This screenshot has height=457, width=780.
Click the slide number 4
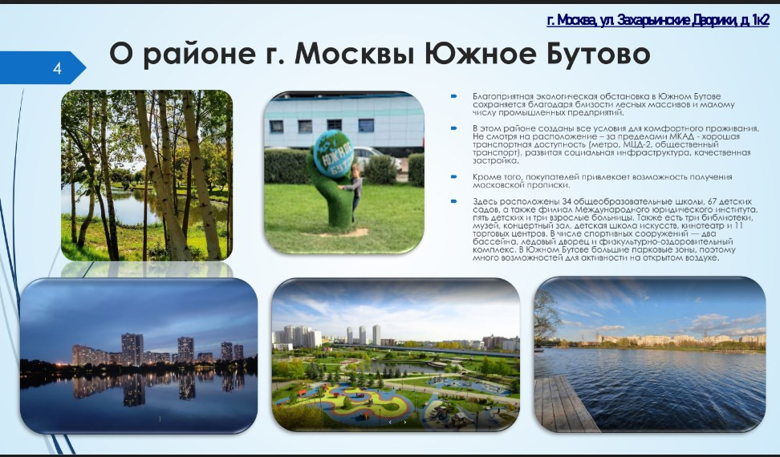[x=57, y=68]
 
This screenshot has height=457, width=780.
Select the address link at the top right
[x=658, y=20]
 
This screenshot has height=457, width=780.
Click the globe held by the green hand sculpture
[x=334, y=154]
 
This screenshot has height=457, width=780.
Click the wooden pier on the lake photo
[x=565, y=403]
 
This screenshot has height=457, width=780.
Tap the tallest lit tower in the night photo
[x=132, y=350]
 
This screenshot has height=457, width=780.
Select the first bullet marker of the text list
[x=453, y=96]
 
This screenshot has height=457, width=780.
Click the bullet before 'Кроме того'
[x=453, y=176]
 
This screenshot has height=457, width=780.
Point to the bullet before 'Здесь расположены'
[x=453, y=201]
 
